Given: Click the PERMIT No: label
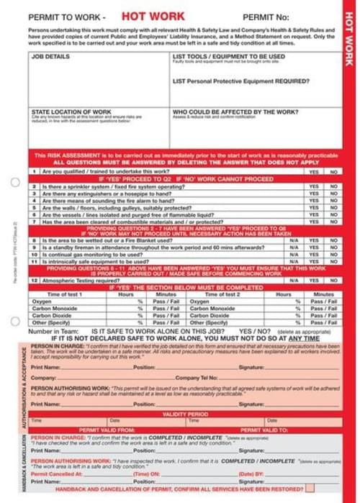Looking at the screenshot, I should [266, 16].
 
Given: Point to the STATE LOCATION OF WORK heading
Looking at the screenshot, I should [71, 112].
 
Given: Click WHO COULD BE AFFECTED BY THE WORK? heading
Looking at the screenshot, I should [235, 112].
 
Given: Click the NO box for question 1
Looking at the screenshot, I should [333, 173].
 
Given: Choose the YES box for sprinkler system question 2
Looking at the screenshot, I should [314, 186].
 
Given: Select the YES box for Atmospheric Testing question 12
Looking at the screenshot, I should [314, 280].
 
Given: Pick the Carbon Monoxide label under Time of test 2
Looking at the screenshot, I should [211, 309].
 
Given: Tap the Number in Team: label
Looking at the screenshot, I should [53, 331].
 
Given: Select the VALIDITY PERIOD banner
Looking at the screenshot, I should [185, 414].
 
